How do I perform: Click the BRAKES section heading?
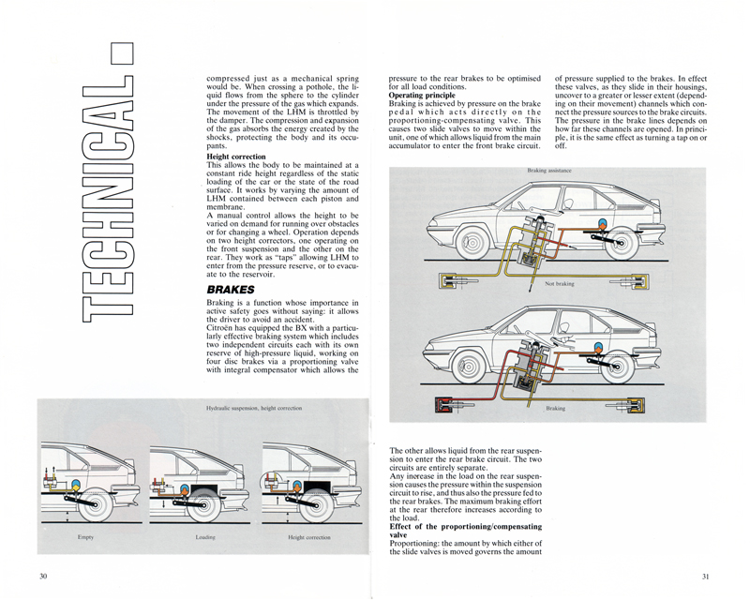231,291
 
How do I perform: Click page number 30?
43,575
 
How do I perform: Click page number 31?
705,575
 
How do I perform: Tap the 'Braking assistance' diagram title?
547,172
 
